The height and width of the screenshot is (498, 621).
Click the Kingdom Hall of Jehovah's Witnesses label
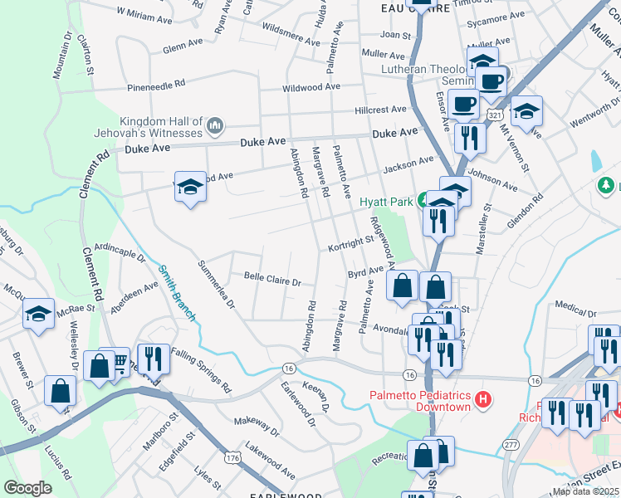(161, 126)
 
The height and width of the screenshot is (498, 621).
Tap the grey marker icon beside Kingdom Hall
(215, 126)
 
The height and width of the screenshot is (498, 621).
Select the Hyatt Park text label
(386, 202)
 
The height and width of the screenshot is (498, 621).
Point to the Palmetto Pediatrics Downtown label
(421, 401)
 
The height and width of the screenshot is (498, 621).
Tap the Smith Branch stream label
(178, 293)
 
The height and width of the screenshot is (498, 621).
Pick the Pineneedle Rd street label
(156, 85)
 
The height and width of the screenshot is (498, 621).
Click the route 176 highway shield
(232, 456)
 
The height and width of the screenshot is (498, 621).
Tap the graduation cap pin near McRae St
(38, 314)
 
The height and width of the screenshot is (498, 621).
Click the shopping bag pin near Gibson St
(61, 389)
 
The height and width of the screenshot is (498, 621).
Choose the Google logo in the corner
(28, 488)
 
